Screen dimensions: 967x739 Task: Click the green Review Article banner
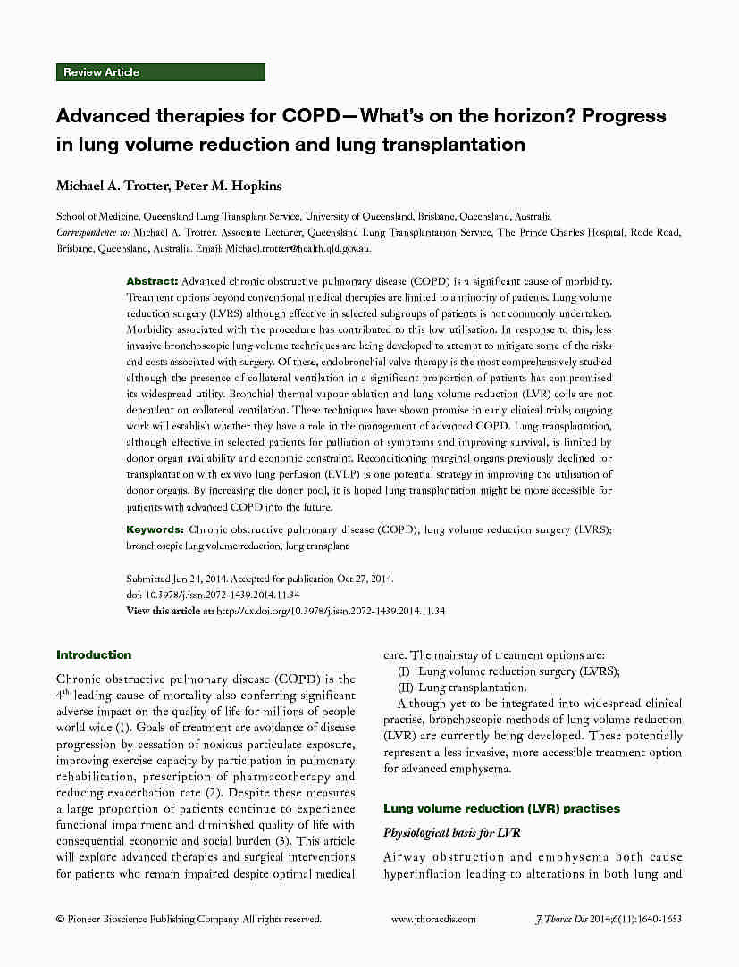click(161, 72)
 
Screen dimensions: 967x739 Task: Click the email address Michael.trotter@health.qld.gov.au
click(298, 249)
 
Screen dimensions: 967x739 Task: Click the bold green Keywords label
click(155, 529)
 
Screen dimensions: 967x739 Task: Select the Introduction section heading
click(94, 654)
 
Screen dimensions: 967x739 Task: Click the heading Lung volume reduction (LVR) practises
click(501, 808)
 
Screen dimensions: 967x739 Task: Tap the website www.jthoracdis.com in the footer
click(433, 919)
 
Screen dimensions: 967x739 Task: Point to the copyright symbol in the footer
click(60, 919)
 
